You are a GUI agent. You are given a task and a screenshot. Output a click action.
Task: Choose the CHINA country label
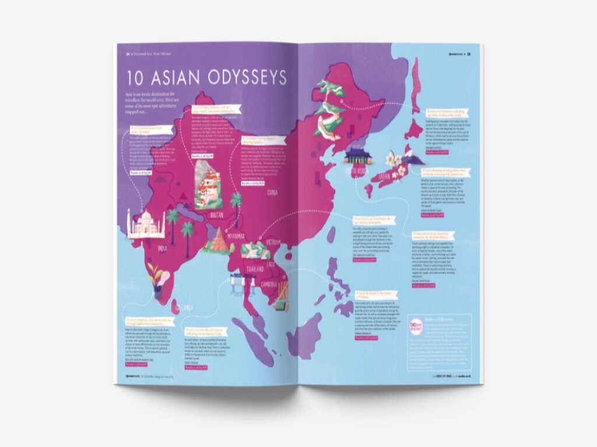tap(271, 191)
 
